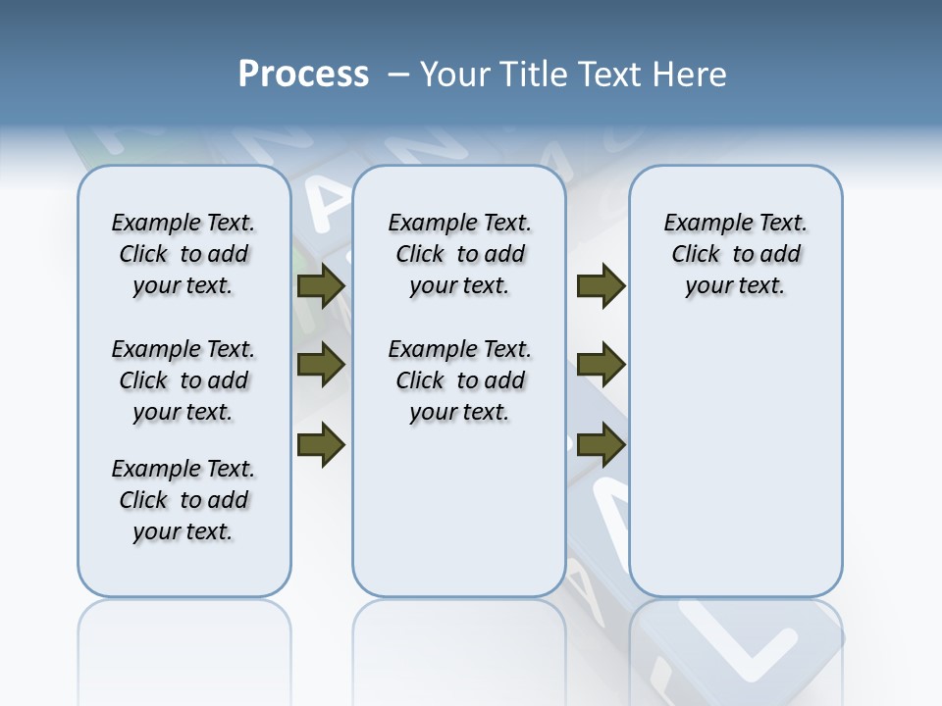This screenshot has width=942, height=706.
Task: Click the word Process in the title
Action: [303, 75]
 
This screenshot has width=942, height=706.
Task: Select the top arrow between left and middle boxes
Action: [321, 286]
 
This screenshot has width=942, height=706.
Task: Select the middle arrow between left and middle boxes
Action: [321, 366]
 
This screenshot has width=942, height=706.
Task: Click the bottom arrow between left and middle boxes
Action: [321, 444]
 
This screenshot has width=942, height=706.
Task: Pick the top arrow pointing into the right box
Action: [601, 286]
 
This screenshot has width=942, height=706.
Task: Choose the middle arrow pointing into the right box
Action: [601, 366]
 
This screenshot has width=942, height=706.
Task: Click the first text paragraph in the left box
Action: [183, 254]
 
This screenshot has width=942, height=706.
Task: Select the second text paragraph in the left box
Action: [183, 380]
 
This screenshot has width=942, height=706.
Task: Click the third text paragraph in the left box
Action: [183, 500]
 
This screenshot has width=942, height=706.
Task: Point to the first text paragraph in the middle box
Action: [459, 254]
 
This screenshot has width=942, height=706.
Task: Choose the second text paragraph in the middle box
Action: [459, 380]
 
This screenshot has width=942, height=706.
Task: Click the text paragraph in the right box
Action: [735, 254]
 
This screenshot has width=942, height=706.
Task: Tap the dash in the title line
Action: [398, 75]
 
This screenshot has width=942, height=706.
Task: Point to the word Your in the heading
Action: [454, 75]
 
